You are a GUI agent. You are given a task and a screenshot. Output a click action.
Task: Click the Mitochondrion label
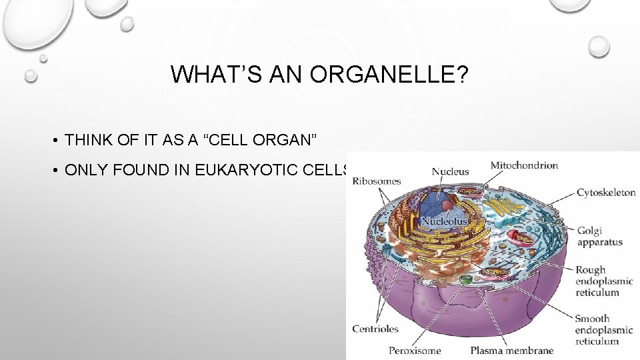pyautogui.click(x=524, y=165)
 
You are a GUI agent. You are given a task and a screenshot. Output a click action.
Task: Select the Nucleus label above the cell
pyautogui.click(x=450, y=171)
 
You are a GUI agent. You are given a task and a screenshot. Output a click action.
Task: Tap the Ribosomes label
pyautogui.click(x=377, y=181)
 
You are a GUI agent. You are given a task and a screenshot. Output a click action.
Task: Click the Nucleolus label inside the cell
pyautogui.click(x=444, y=220)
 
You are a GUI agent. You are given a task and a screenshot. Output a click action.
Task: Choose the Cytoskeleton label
pyautogui.click(x=605, y=193)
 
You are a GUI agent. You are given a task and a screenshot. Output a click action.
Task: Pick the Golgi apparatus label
pyautogui.click(x=599, y=236)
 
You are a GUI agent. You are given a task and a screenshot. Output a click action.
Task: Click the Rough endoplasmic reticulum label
pyautogui.click(x=597, y=281)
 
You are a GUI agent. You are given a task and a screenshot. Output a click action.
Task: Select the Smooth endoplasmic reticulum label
pyautogui.click(x=597, y=330)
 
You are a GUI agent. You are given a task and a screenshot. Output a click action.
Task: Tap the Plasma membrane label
pyautogui.click(x=511, y=350)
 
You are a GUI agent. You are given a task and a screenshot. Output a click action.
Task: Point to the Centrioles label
pyautogui.click(x=376, y=329)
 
